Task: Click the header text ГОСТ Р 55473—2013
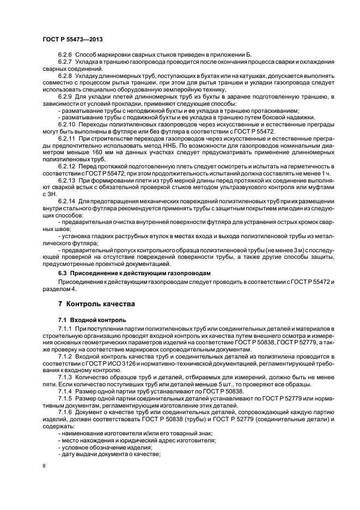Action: point(72,40)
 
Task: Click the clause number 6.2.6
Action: point(65,56)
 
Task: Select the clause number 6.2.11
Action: point(66,139)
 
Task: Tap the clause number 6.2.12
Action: point(66,166)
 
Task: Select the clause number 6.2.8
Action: point(65,76)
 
